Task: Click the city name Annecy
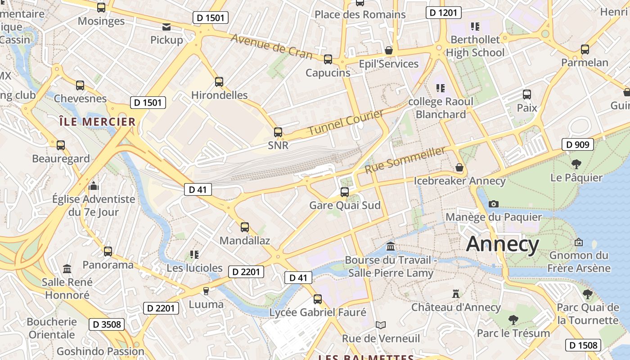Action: coord(502,244)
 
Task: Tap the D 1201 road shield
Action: coord(444,12)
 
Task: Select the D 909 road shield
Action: coord(578,144)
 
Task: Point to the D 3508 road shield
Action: coord(106,324)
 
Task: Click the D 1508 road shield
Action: coord(583,345)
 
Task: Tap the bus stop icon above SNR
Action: coord(278,132)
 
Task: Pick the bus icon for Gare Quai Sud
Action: coord(345,192)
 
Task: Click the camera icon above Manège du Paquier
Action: coord(494,204)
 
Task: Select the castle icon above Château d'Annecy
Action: coord(456,294)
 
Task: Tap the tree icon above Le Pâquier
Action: coord(576,164)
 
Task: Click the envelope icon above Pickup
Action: coord(166,27)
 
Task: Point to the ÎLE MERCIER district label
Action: coord(98,121)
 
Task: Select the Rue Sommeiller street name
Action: coord(405,160)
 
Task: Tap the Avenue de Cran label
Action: coord(271,46)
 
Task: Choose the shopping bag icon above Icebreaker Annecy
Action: coord(459,167)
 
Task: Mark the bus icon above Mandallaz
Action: coord(245,227)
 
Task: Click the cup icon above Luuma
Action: coord(206,291)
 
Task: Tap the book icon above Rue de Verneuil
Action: coord(381,325)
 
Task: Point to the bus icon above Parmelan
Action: coord(585,49)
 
